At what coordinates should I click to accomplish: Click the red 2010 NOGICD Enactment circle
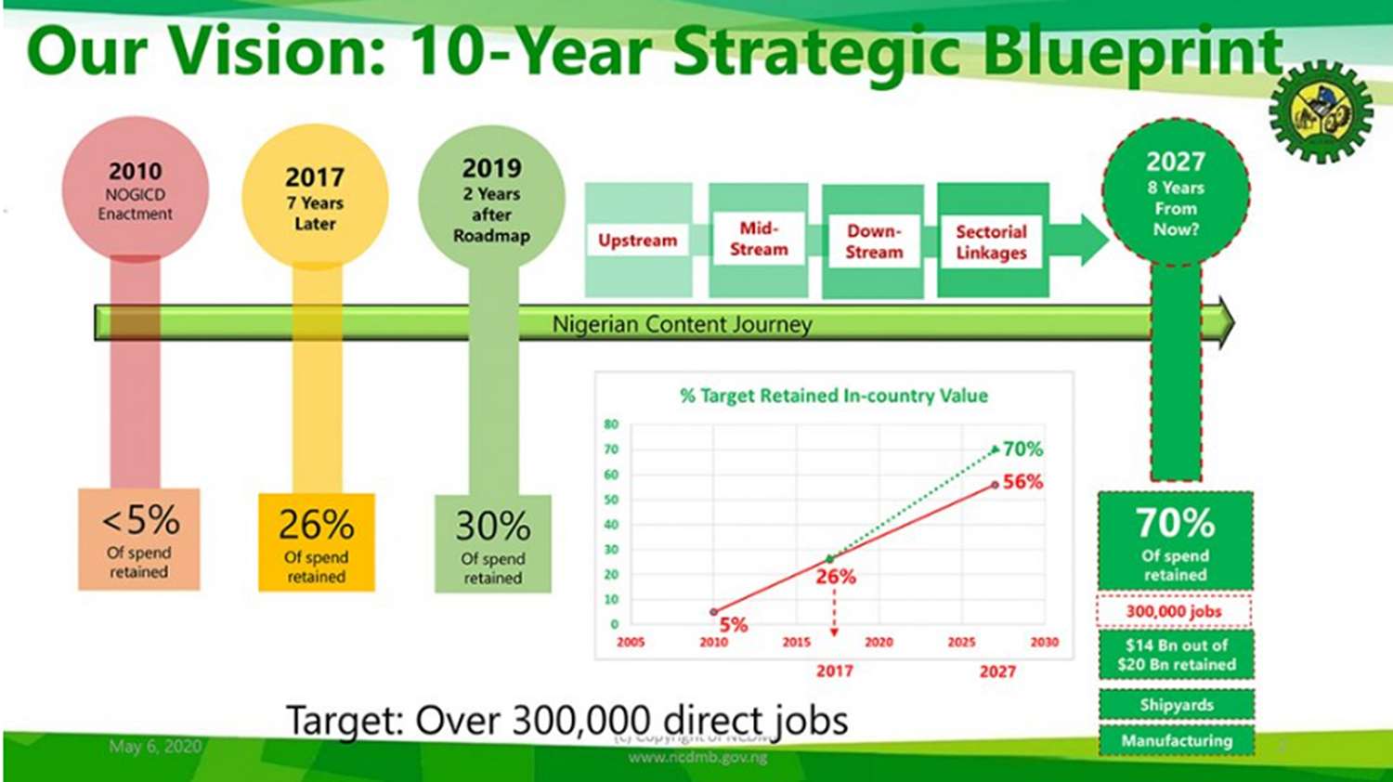coord(136,190)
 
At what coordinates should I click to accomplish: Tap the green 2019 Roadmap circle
coord(491,198)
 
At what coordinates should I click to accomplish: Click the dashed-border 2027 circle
coord(1176,193)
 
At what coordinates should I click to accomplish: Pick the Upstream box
coord(638,241)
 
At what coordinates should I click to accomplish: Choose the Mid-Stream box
coord(759,240)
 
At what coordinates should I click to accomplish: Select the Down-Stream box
coord(873,241)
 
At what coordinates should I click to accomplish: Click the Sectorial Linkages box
coord(992,241)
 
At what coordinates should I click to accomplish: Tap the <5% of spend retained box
coord(139,540)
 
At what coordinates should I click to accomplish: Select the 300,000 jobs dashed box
coord(1175,611)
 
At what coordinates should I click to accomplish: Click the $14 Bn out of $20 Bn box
coord(1177,655)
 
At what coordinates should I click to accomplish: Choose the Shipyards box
coord(1177,705)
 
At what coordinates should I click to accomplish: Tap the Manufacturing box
coord(1177,741)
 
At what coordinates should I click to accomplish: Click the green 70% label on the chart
coord(1022,450)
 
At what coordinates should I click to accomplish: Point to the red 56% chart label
coord(1022,482)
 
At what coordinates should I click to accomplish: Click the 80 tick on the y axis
coord(611,424)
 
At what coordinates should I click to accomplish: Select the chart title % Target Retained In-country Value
coord(834,396)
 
